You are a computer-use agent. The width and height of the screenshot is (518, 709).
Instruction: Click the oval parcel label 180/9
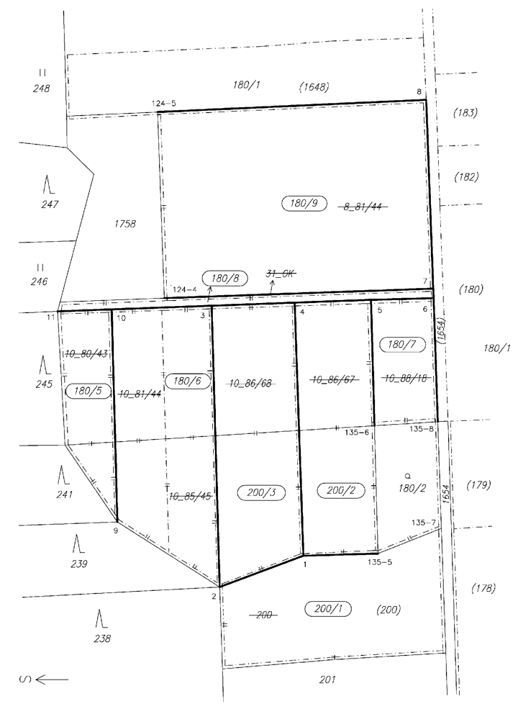point(304,203)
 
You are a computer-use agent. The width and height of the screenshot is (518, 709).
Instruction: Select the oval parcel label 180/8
point(225,278)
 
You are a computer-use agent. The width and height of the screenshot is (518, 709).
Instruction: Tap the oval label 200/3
point(261,492)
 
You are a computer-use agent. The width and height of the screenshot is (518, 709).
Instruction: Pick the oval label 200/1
point(328,609)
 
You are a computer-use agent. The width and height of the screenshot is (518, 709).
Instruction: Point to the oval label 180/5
point(88,391)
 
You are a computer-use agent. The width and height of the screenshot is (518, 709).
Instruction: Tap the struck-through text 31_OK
point(281,273)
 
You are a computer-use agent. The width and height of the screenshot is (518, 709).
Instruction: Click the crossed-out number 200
point(264,615)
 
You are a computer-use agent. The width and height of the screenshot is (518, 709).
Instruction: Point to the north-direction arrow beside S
point(52,679)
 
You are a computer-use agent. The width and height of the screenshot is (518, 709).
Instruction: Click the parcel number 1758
point(125,223)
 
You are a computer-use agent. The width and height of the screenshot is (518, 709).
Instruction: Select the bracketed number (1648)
point(314,87)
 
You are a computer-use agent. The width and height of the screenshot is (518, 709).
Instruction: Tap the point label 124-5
point(163,104)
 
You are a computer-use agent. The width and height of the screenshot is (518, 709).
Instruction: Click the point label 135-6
point(357,433)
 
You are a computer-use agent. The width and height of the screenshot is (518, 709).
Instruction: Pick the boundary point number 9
point(116,530)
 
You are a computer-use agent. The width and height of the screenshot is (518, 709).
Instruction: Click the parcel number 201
point(327,679)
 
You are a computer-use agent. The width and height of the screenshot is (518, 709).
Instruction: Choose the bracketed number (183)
point(465,112)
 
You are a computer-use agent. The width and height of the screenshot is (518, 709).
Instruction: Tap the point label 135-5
point(380,562)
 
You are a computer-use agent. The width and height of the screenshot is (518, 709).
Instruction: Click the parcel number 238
point(103,638)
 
